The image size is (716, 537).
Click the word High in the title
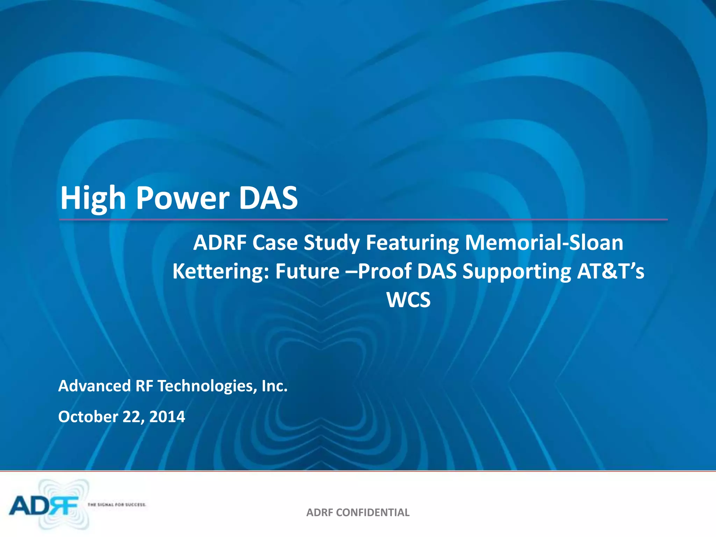pyautogui.click(x=93, y=198)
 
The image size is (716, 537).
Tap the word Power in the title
pyautogui.click(x=182, y=198)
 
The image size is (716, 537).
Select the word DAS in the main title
pyautogui.click(x=268, y=198)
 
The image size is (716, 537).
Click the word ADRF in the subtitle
pyautogui.click(x=220, y=243)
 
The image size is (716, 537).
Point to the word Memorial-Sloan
pyautogui.click(x=544, y=243)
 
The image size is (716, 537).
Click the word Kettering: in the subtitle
pyautogui.click(x=221, y=271)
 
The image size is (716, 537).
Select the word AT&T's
pyautogui.click(x=610, y=271)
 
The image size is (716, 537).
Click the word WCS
pyautogui.click(x=408, y=300)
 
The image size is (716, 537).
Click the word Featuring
pyautogui.click(x=412, y=243)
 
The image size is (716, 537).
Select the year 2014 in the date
pyautogui.click(x=167, y=417)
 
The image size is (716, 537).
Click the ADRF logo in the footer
pyautogui.click(x=45, y=506)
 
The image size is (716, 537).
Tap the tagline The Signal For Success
pyautogui.click(x=117, y=504)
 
